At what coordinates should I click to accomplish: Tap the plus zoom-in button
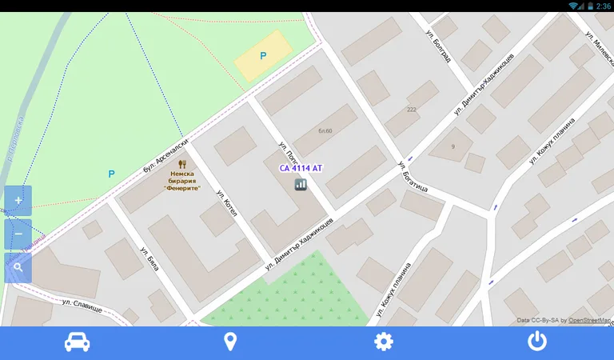(18, 201)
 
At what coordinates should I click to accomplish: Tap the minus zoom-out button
(18, 234)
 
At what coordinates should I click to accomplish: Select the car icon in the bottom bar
(77, 342)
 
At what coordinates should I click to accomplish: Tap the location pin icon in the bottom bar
(230, 342)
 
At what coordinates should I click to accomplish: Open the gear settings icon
(384, 342)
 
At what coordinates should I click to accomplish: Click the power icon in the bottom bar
(537, 342)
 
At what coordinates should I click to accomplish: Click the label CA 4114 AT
(301, 169)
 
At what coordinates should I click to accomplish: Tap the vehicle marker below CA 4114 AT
(301, 185)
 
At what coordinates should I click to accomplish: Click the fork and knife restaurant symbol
(182, 164)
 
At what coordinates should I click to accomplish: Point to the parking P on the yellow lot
(263, 56)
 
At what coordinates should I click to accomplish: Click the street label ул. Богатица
(412, 178)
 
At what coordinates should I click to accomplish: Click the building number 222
(412, 110)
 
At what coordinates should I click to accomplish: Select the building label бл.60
(325, 130)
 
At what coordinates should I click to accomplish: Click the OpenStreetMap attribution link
(589, 321)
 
